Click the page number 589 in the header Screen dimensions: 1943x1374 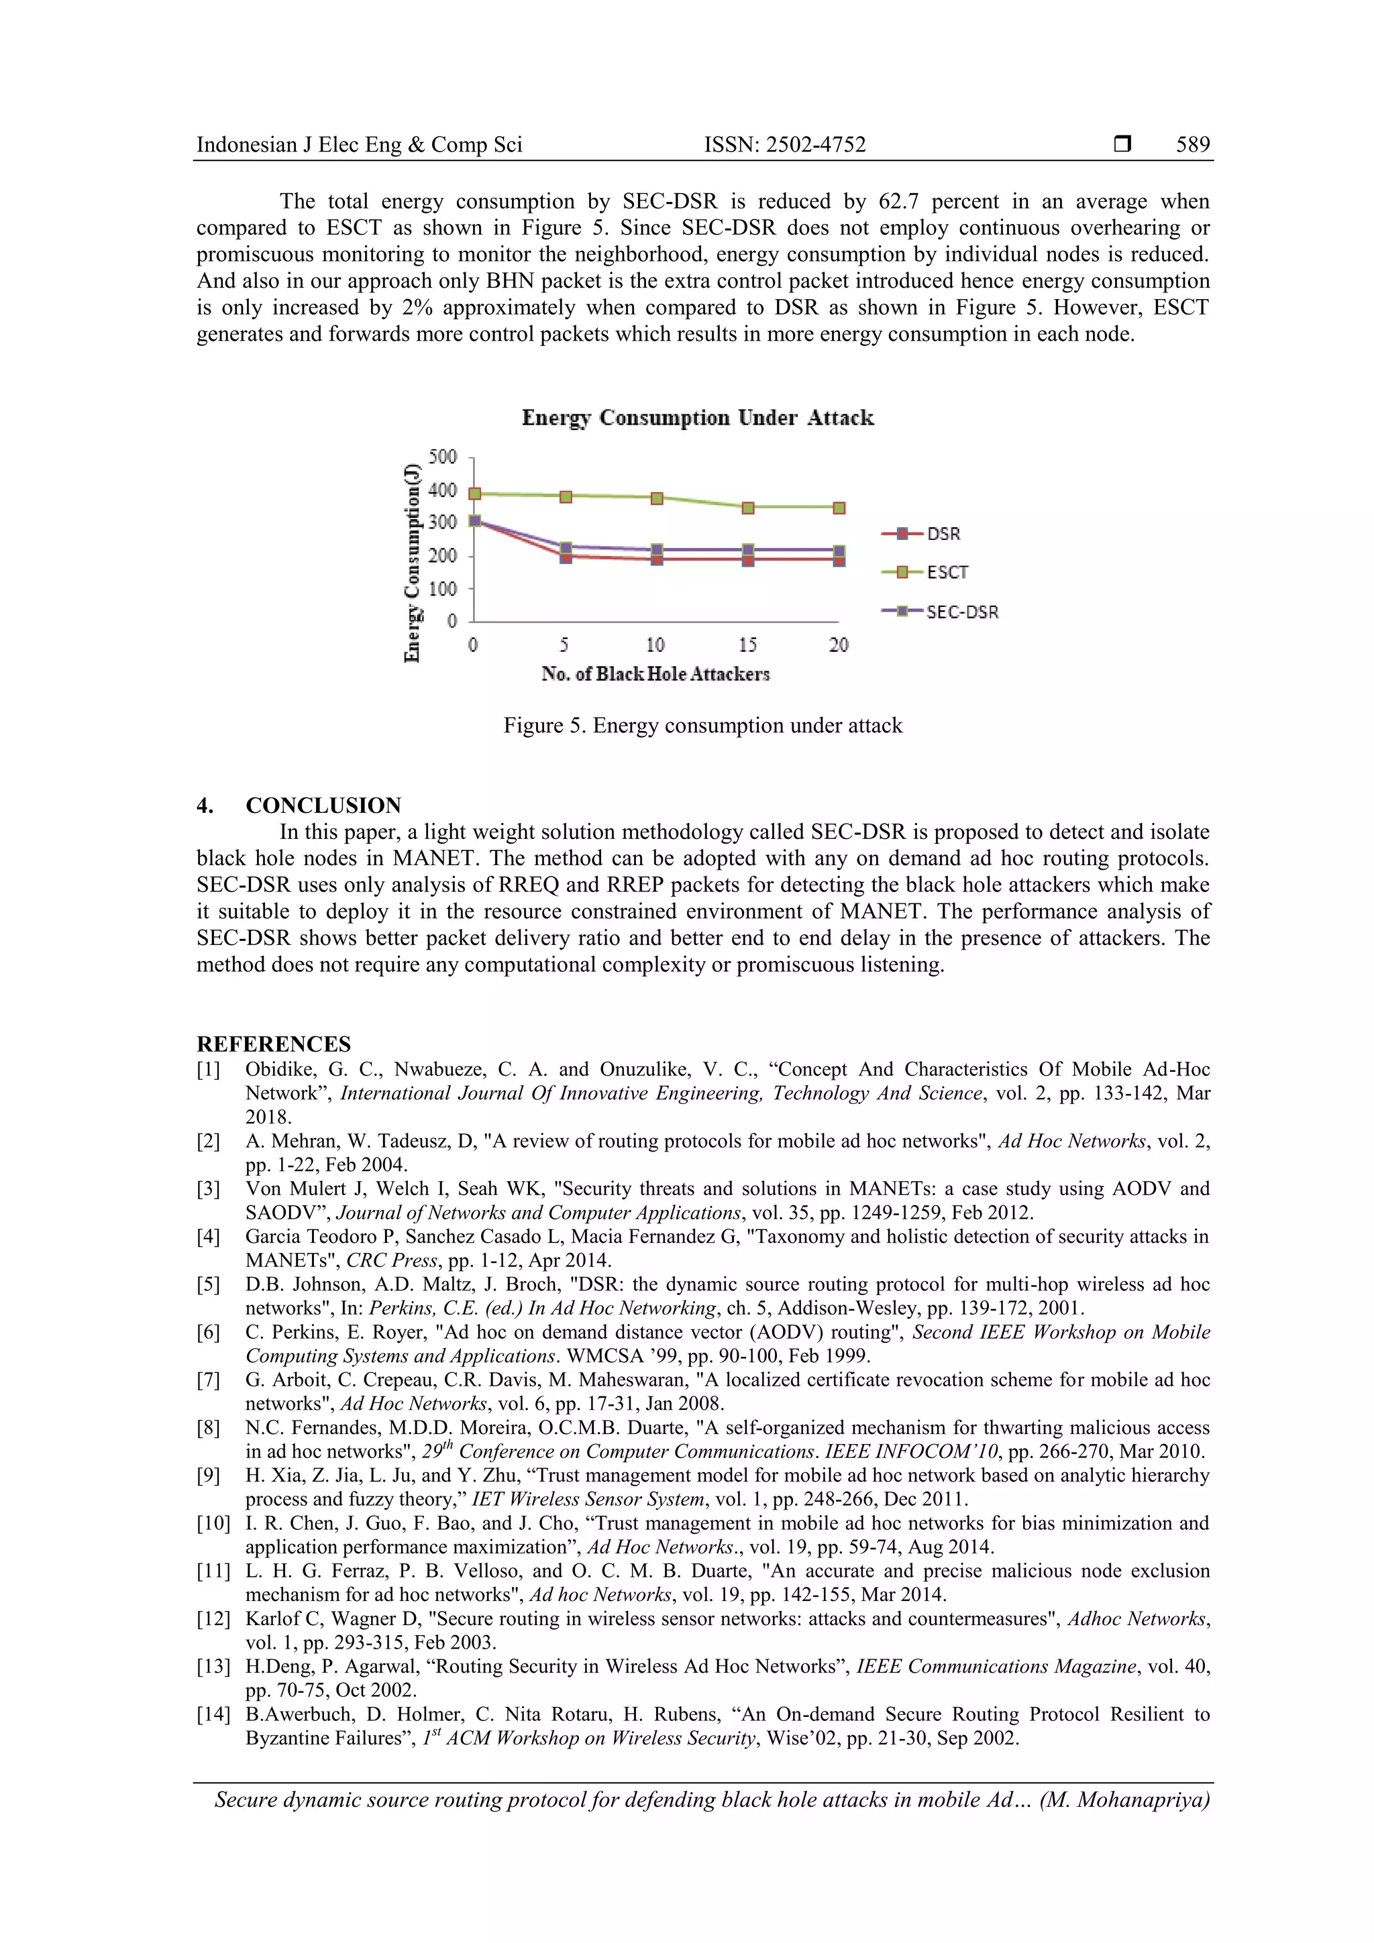(1192, 145)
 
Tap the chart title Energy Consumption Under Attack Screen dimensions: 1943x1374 (698, 418)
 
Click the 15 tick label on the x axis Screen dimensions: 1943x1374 (747, 646)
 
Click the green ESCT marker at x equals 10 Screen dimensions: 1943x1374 (657, 498)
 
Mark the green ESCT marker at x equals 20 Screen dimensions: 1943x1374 (839, 508)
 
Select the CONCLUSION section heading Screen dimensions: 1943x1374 (323, 805)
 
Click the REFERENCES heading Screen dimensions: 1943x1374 (274, 1044)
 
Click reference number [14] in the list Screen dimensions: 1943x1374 (213, 1714)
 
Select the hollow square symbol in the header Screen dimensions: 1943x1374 (1122, 145)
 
